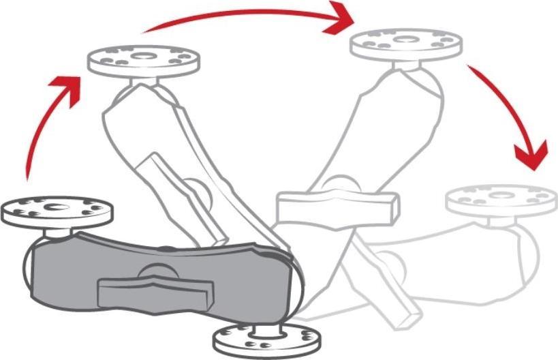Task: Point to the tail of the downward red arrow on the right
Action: [x=471, y=68]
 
